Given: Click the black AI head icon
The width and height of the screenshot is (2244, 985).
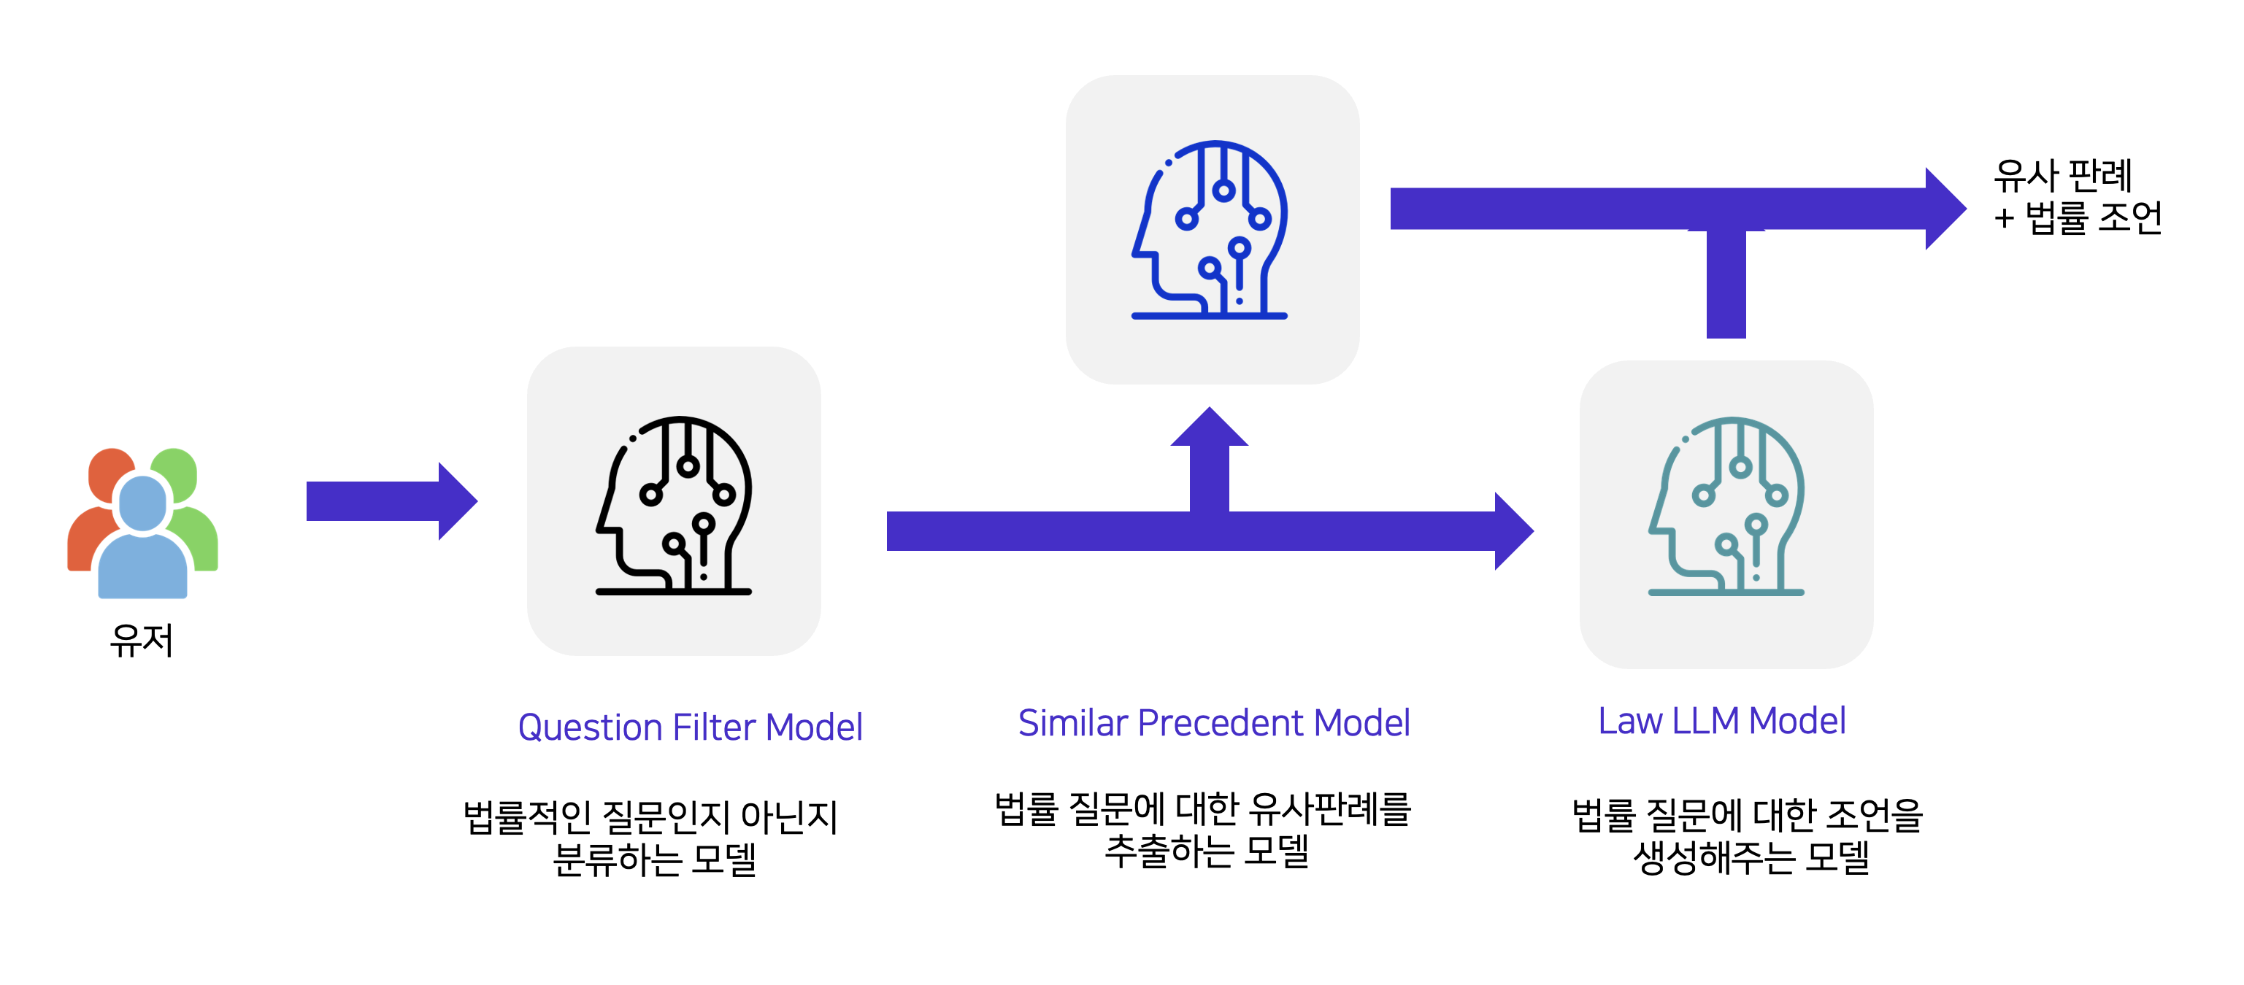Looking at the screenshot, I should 675,505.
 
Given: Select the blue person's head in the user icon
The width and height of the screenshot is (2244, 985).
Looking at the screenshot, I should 142,503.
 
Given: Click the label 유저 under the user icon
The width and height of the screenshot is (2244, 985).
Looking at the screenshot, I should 141,640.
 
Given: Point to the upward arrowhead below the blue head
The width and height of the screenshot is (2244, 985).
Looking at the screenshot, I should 1209,428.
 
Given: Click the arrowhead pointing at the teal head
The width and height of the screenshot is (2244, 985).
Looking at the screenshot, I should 1513,530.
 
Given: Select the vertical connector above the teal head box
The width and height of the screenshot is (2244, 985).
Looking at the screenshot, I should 1726,283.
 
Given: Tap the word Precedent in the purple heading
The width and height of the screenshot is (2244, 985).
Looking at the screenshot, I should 1221,722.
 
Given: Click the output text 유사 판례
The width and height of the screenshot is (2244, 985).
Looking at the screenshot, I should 2062,176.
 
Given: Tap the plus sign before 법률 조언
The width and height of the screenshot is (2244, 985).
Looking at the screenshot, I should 2004,217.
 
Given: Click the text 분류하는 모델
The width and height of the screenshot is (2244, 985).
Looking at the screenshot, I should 654,859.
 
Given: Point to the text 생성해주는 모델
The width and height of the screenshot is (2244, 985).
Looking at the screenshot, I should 1751,857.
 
